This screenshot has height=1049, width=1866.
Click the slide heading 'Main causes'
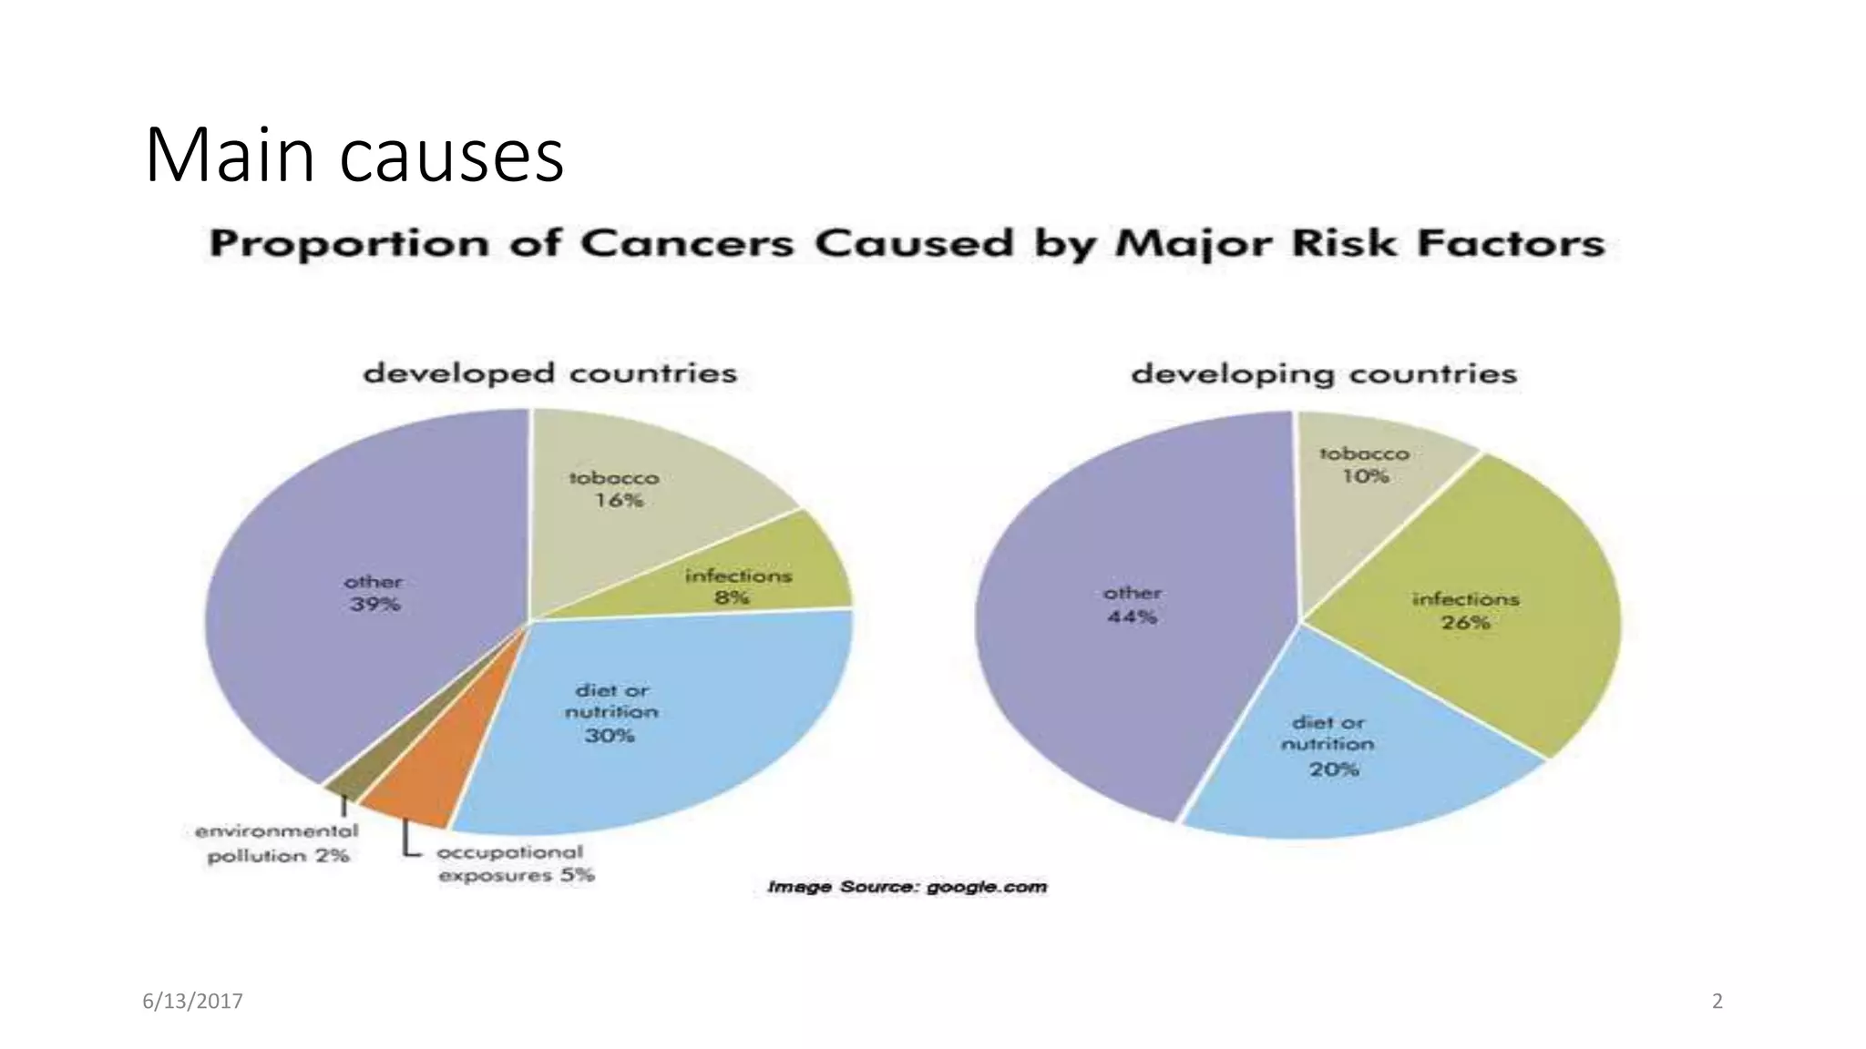click(x=354, y=157)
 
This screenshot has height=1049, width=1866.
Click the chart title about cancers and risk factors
click(x=907, y=244)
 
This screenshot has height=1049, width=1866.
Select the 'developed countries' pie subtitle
click(x=549, y=373)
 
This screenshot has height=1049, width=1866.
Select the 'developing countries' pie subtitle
click(x=1323, y=374)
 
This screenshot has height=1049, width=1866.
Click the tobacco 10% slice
click(x=1367, y=492)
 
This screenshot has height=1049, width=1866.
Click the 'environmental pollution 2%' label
click(x=277, y=843)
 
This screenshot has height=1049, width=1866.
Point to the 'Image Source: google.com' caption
click(x=907, y=887)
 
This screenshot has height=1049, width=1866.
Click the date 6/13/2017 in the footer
click(x=193, y=1002)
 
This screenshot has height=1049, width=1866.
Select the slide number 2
click(x=1717, y=1002)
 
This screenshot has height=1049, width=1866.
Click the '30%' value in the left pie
click(x=610, y=735)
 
